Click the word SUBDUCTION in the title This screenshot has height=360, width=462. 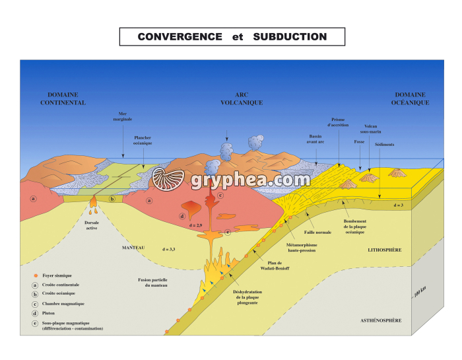[290, 37]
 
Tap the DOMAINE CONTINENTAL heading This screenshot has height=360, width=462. [63, 99]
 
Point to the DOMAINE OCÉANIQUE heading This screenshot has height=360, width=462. [411, 99]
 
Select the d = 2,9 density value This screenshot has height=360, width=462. [195, 226]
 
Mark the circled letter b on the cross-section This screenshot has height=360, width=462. [112, 199]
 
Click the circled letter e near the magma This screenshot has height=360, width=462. [227, 232]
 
